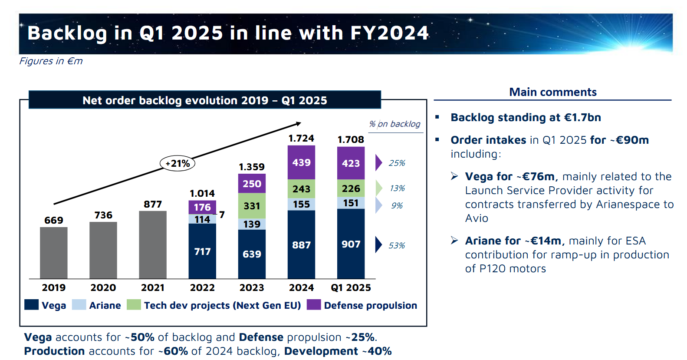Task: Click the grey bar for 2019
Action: [x=54, y=253]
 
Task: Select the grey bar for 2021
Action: [x=153, y=244]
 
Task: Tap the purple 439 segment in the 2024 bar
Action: [x=301, y=162]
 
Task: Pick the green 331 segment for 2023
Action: [x=252, y=206]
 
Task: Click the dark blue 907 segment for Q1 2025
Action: [x=351, y=244]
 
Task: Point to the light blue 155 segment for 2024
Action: [x=301, y=204]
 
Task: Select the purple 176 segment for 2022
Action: [x=202, y=207]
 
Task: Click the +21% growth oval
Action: [x=178, y=163]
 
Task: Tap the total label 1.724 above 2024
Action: [x=301, y=138]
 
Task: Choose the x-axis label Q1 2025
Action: [x=351, y=287]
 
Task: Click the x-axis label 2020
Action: [x=103, y=287]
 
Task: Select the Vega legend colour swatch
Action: [x=32, y=304]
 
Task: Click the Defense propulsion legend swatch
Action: [x=313, y=304]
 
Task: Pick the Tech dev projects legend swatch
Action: [x=134, y=304]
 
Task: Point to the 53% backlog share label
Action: [x=397, y=245]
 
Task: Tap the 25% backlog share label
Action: [x=397, y=163]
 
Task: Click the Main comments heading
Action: [x=552, y=92]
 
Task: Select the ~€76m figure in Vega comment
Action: [x=536, y=176]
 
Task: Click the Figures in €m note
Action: [x=51, y=61]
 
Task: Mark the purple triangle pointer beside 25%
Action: [x=378, y=162]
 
